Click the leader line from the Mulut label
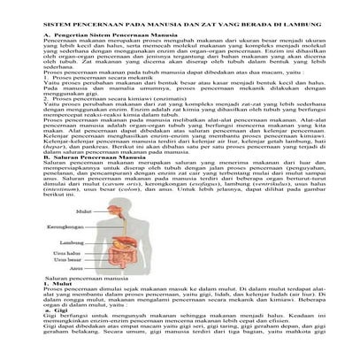(88, 212)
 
